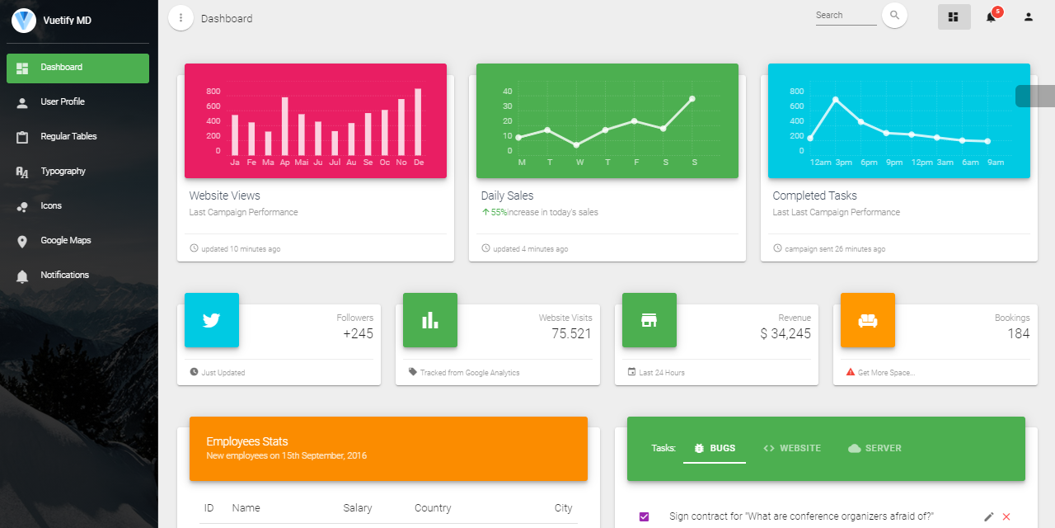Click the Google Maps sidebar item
[66, 241]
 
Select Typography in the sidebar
[63, 172]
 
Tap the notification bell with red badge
[992, 16]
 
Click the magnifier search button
[894, 16]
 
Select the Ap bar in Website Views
[285, 126]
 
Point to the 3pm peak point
[836, 100]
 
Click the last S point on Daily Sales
[692, 98]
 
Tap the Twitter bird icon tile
[212, 320]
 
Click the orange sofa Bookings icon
[868, 320]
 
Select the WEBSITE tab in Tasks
[792, 448]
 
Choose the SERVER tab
[875, 448]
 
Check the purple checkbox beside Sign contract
[645, 516]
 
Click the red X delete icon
[1006, 516]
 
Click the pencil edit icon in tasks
[989, 516]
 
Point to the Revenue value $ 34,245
[785, 334]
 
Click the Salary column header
[358, 508]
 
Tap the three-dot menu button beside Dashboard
[181, 17]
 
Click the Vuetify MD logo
[24, 21]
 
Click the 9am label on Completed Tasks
[996, 163]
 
